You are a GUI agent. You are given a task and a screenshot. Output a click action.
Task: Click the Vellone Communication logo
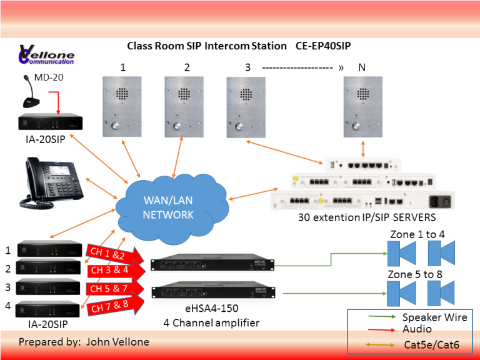[46, 55]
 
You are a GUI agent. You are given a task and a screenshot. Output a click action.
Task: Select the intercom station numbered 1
[122, 106]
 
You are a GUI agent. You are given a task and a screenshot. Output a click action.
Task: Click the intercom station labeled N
[362, 106]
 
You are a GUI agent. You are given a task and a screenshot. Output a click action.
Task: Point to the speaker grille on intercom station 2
[184, 94]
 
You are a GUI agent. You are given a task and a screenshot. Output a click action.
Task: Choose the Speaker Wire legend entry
[434, 317]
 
